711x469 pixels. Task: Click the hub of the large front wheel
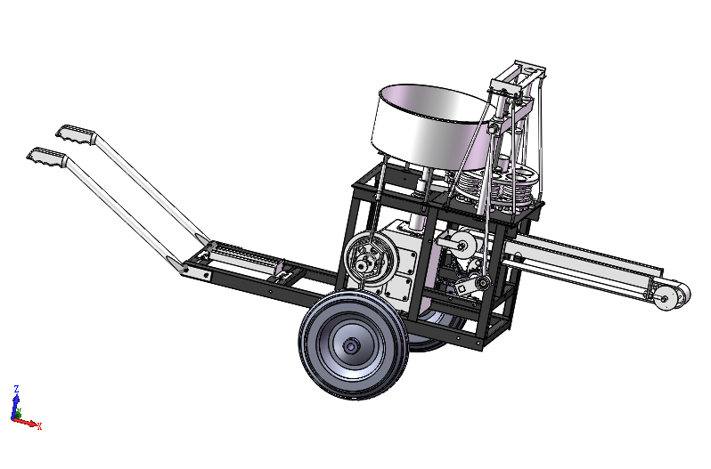tap(350, 347)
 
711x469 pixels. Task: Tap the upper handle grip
tap(76, 134)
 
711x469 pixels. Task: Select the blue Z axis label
tap(16, 389)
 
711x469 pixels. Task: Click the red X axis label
tap(40, 426)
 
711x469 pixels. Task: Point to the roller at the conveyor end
tap(672, 296)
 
